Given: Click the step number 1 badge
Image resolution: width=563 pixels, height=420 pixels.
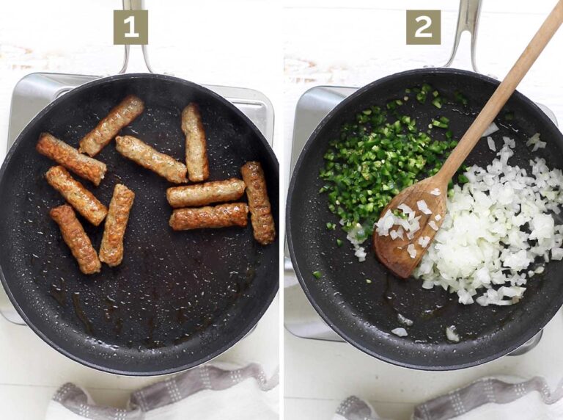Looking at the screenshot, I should pyautogui.click(x=130, y=27).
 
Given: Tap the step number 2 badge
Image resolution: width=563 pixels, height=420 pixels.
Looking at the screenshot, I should pyautogui.click(x=424, y=27).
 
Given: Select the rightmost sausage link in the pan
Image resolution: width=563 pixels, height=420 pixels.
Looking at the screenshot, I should pyautogui.click(x=258, y=202).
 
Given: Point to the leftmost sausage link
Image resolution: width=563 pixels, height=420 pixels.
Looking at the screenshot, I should pyautogui.click(x=70, y=158).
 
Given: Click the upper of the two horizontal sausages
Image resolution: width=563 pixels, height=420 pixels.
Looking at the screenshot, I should pyautogui.click(x=206, y=192).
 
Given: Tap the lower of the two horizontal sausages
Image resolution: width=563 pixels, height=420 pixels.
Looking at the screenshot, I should pyautogui.click(x=209, y=217).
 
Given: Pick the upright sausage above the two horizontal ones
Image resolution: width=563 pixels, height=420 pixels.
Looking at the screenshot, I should pyautogui.click(x=195, y=142).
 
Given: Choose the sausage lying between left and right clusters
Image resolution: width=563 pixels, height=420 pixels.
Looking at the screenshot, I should pyautogui.click(x=151, y=159).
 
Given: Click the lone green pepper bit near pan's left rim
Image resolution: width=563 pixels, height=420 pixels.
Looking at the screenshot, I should pyautogui.click(x=317, y=274).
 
